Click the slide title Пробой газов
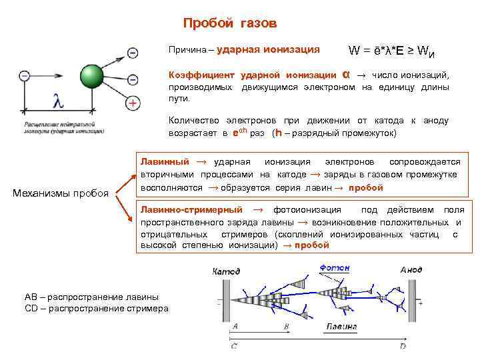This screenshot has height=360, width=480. point(229,24)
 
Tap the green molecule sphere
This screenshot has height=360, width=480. point(91,76)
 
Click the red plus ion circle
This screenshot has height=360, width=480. point(133,103)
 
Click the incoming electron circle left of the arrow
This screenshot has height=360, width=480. point(25,76)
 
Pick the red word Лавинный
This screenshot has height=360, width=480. point(164,162)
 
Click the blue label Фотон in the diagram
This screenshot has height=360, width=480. point(335,268)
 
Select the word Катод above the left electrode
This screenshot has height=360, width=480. point(227,271)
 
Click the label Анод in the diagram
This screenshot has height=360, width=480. point(411,270)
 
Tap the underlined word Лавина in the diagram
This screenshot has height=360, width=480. point(341,327)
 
